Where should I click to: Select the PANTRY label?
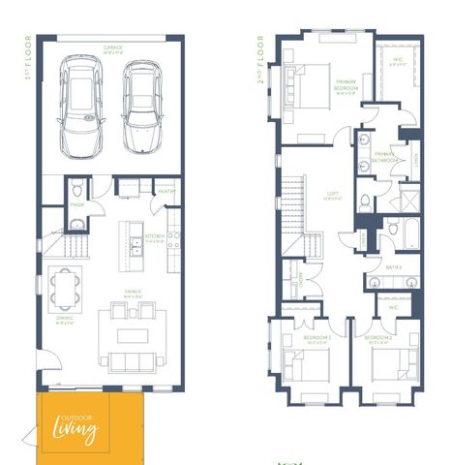coord(165,190)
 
